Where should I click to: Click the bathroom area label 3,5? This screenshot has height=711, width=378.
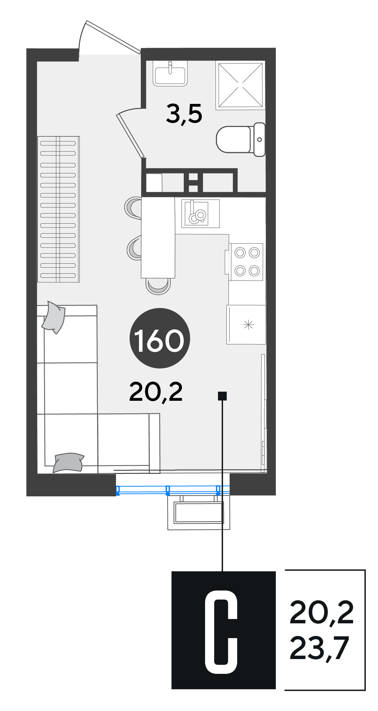click(184, 114)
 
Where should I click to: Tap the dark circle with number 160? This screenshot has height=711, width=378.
click(160, 338)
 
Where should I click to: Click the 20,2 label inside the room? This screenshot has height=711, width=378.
click(156, 392)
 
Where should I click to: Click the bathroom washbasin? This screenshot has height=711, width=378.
click(170, 73)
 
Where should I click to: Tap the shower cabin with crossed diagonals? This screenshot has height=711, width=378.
click(240, 85)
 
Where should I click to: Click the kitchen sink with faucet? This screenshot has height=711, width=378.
click(197, 213)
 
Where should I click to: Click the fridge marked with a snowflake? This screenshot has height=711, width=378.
click(246, 325)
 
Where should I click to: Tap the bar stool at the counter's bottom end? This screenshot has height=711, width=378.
click(158, 286)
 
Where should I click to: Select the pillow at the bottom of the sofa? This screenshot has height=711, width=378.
click(68, 462)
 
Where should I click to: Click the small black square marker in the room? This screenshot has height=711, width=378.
click(222, 396)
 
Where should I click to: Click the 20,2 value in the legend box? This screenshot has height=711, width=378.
click(321, 613)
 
